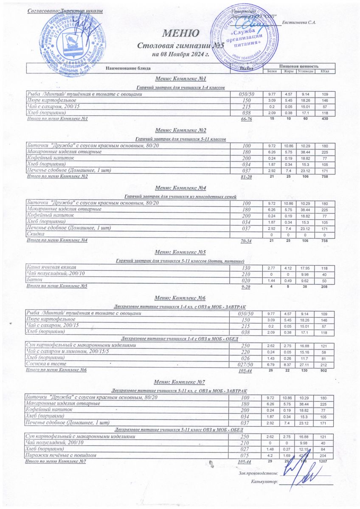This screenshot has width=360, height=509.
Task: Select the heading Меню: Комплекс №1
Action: coord(180,79)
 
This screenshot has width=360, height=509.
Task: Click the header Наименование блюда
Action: coord(128,68)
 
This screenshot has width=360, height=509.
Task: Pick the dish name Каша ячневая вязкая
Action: coord(51,267)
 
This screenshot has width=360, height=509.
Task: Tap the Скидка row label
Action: coord(36,235)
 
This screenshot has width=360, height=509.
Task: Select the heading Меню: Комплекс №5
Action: coord(180,252)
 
